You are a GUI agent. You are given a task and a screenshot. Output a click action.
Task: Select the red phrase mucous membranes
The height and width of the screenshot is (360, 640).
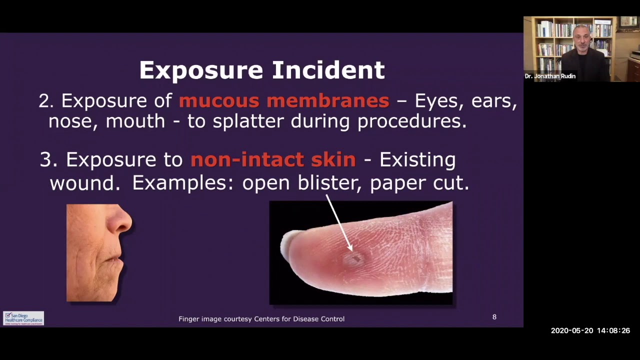pos(284,100)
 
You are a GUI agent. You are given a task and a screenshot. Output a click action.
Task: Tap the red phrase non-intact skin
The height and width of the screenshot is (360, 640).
pos(273,159)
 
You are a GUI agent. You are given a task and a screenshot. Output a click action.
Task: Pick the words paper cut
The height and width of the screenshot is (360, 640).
pos(419,183)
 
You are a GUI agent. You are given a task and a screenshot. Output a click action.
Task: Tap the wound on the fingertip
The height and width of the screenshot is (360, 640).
pos(355,258)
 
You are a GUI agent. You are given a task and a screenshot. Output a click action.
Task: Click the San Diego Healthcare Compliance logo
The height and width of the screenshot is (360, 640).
pos(23,318)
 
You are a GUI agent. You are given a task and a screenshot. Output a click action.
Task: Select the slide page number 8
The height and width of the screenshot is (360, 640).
pos(494,317)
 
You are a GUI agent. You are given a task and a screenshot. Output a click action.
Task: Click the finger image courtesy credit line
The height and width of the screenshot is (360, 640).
pos(261,319)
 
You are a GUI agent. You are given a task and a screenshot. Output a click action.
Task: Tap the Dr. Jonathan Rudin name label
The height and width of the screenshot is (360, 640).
pos(550,76)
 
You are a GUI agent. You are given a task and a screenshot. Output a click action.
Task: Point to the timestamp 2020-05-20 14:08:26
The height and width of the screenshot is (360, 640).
pos(590,331)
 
